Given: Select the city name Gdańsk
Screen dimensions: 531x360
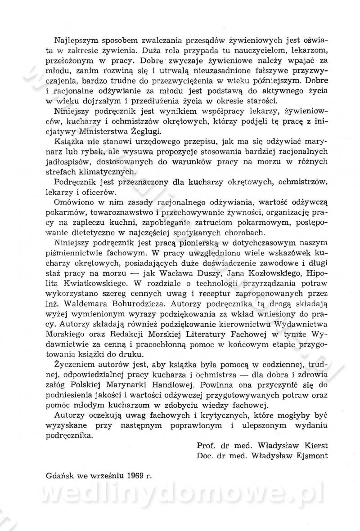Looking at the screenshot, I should pyautogui.click(x=60, y=476).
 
